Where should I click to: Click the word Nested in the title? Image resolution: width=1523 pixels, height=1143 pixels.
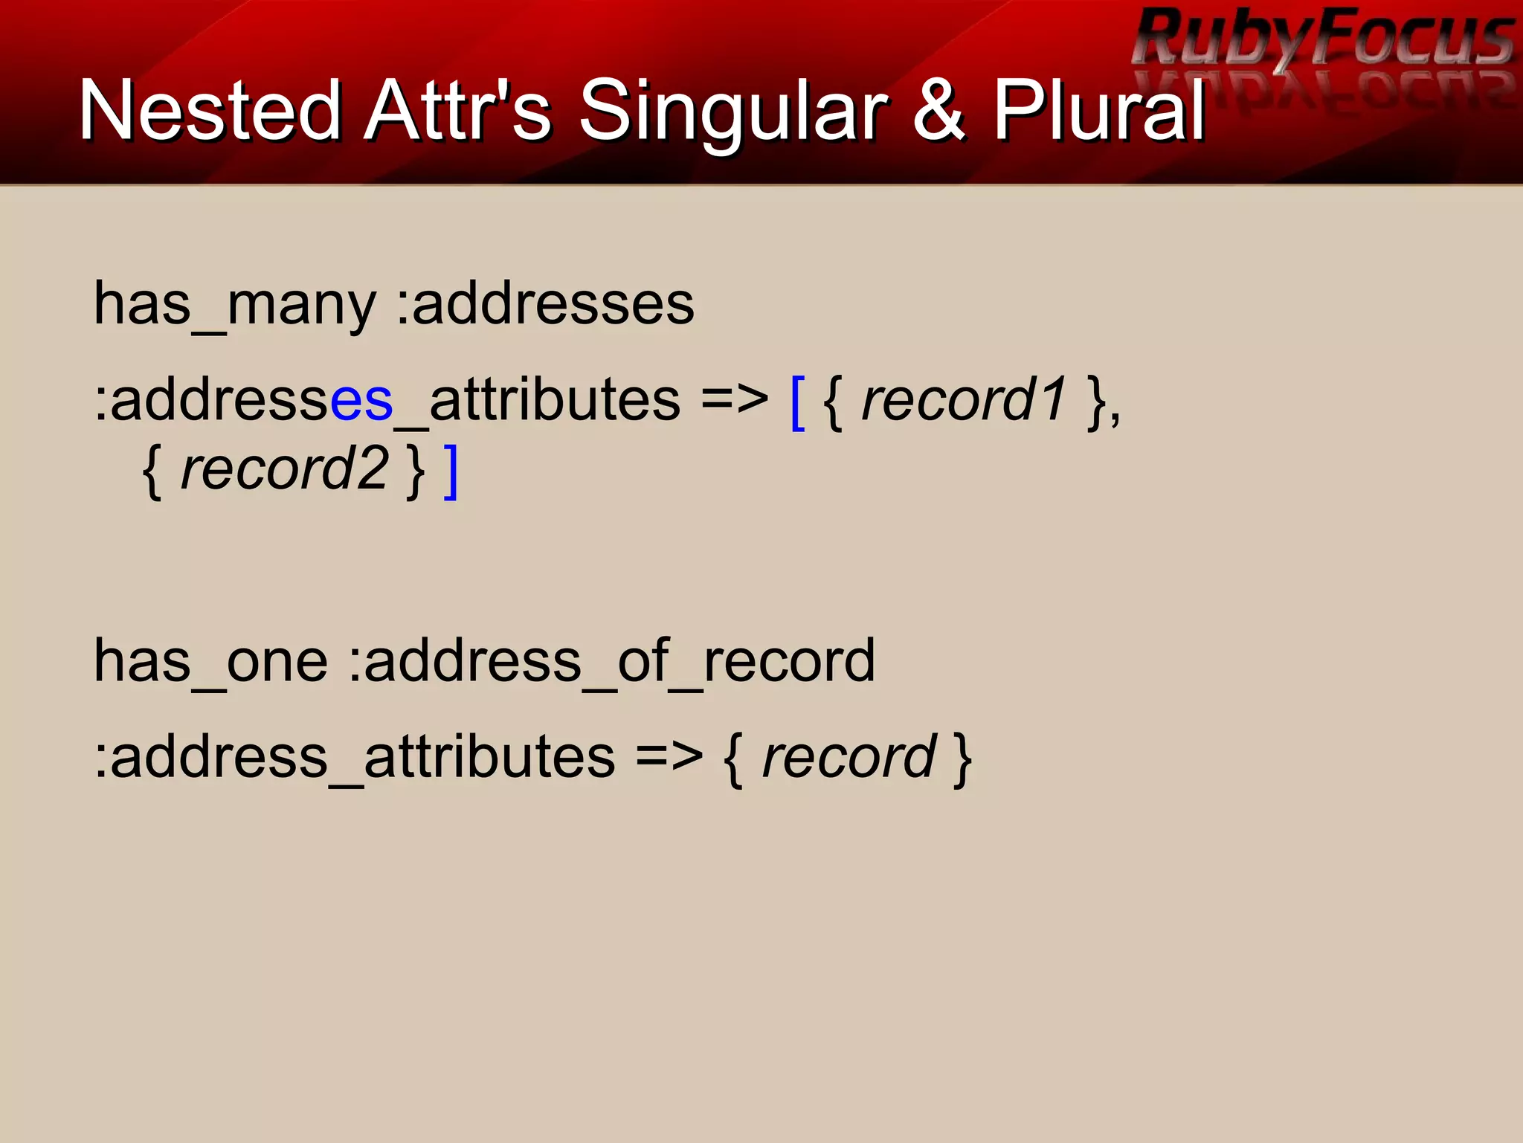pos(210,112)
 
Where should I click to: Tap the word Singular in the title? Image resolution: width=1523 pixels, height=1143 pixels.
pos(733,112)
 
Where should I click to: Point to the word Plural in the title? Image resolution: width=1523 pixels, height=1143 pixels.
pos(1099,112)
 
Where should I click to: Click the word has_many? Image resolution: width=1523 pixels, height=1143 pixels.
pos(235,305)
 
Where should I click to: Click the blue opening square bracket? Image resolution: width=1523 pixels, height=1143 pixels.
pos(798,402)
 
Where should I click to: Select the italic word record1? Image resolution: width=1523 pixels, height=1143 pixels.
pos(964,400)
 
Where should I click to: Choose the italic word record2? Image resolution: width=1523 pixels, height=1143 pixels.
pos(284,469)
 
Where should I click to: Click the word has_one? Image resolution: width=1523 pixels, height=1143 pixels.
pos(210,661)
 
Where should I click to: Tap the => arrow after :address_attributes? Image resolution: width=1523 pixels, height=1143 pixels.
pos(669,758)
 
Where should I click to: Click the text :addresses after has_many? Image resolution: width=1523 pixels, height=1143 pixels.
pos(545,305)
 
